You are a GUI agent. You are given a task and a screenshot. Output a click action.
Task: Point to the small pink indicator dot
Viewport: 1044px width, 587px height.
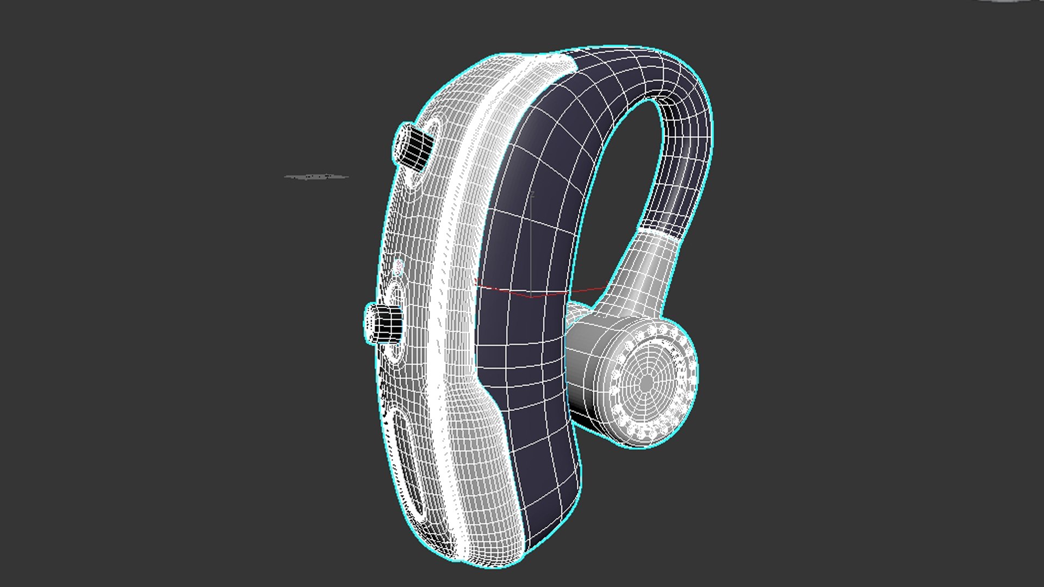coord(399,266)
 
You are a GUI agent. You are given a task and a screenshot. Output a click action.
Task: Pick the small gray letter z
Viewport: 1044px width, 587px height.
coord(533,194)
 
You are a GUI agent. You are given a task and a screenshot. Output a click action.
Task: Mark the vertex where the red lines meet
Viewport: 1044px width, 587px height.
coord(531,297)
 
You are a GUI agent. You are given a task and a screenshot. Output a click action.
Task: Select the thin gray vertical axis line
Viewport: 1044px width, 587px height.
coord(531,245)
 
